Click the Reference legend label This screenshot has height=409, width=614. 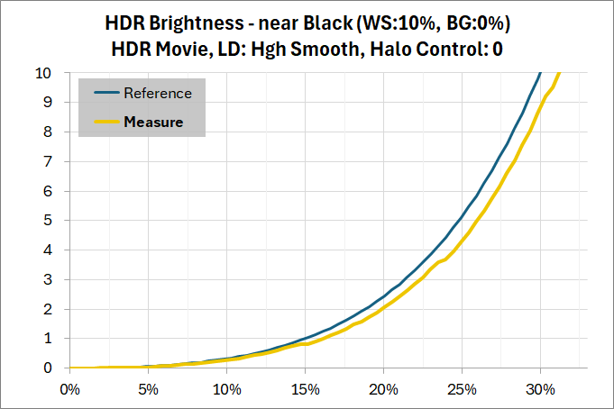tap(158, 93)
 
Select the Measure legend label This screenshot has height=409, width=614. tap(153, 122)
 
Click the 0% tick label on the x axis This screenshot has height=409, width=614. tap(69, 390)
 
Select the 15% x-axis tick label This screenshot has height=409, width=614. tap(305, 390)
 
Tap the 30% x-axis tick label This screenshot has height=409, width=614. tap(540, 390)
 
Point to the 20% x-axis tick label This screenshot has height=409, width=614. tap(383, 390)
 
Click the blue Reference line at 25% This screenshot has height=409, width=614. tap(462, 216)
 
